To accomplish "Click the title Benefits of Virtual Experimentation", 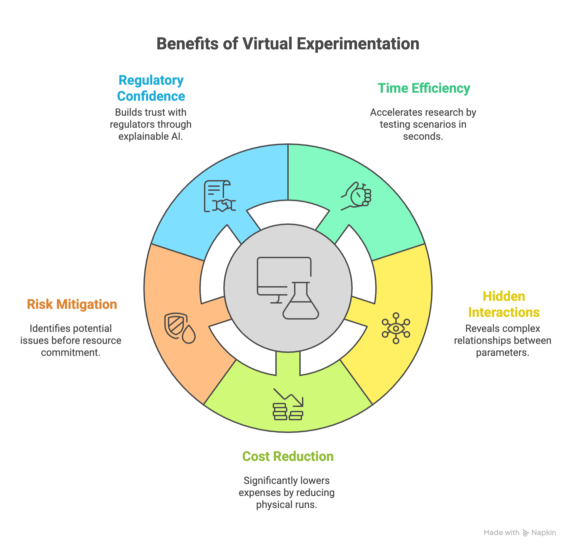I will (288, 44).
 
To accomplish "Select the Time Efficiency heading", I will (424, 88).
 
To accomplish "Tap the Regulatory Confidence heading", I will (151, 88).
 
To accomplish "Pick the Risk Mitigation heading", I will (72, 305).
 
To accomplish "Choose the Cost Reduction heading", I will (288, 457).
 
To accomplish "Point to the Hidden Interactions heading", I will (504, 305).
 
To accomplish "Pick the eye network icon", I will (396, 328).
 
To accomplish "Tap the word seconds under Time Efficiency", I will (423, 136).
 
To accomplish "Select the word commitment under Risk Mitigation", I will (70, 353).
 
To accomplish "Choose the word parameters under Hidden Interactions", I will (502, 353).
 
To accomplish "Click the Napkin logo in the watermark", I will (540, 533).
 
